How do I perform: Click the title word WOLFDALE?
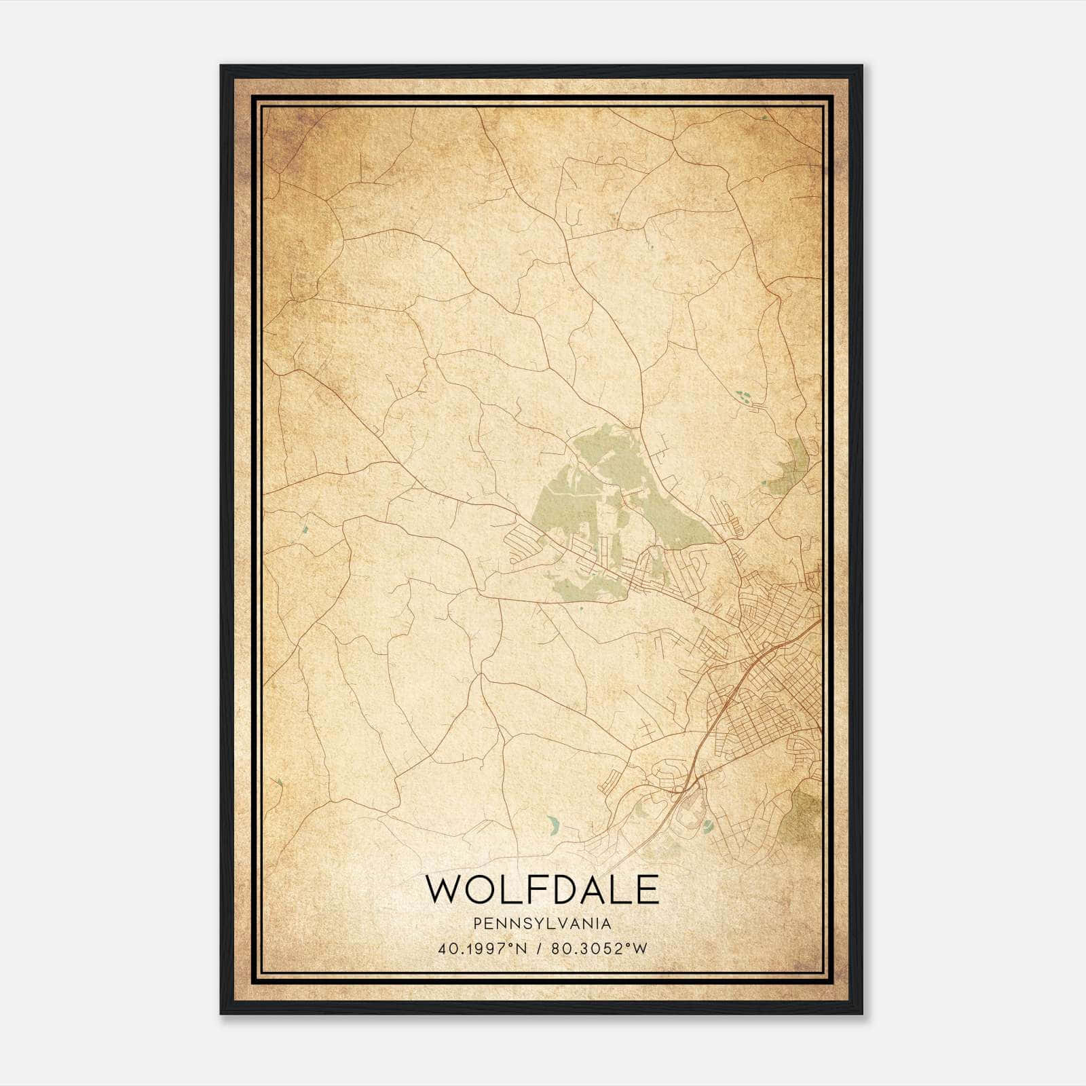click(x=542, y=889)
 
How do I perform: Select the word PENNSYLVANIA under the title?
click(x=542, y=924)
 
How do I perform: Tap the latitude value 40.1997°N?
click(x=483, y=949)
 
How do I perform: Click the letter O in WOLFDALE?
click(x=480, y=889)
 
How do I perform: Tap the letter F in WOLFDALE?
click(x=535, y=889)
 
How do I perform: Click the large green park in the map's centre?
click(x=597, y=502)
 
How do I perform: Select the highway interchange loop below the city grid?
click(x=679, y=787)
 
